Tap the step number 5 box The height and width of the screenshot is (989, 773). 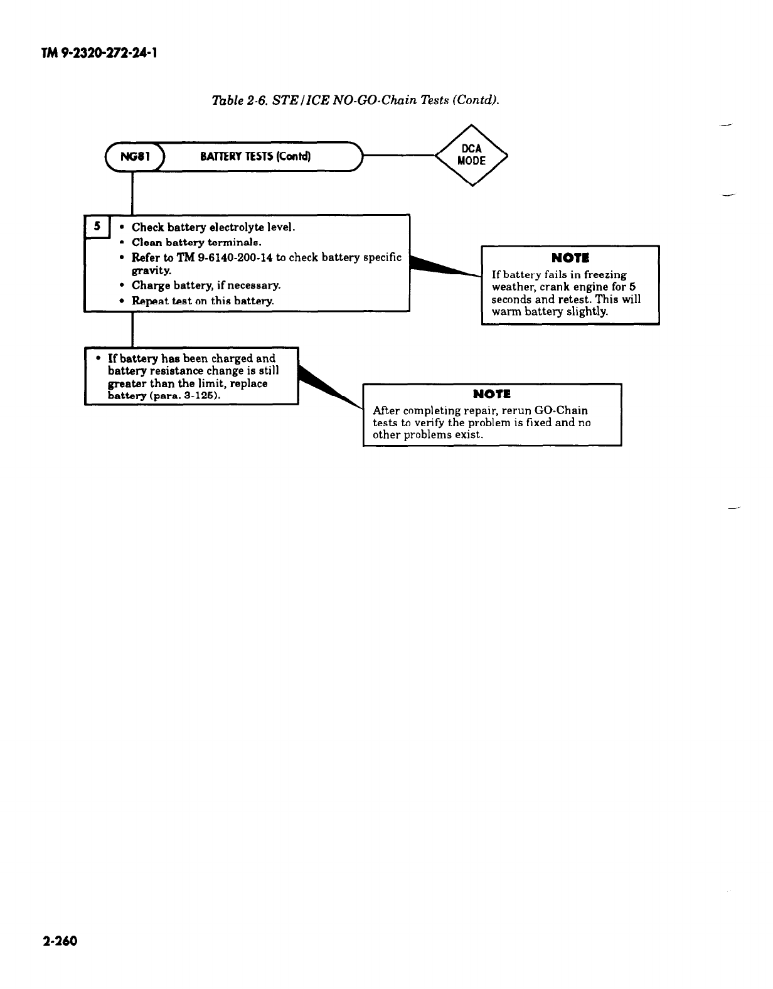click(97, 227)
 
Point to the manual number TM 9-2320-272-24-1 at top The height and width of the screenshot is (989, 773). click(99, 53)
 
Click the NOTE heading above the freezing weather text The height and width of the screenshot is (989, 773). click(570, 258)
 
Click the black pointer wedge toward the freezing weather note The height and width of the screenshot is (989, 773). click(442, 267)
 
